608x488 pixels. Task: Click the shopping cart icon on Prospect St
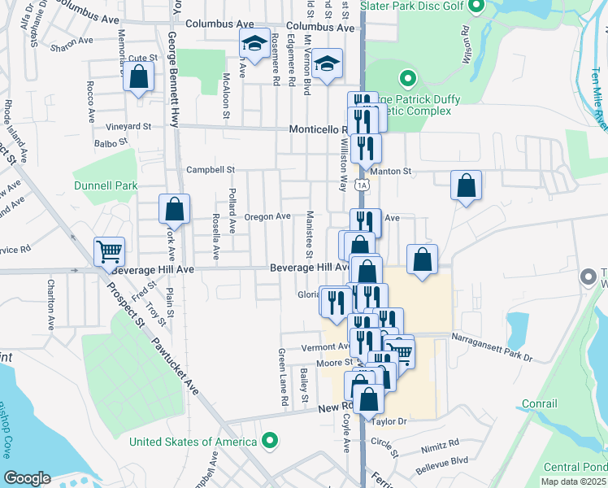(x=109, y=252)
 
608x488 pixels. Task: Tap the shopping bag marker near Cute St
(x=139, y=77)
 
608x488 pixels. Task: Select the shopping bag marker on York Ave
(x=175, y=210)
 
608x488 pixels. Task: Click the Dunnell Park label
(x=106, y=185)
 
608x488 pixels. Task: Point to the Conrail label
(x=540, y=403)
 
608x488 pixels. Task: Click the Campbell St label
(x=210, y=170)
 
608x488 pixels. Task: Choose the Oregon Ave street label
(x=267, y=216)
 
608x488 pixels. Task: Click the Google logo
(x=27, y=477)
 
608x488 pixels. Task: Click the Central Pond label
(x=571, y=467)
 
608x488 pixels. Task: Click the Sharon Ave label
(x=68, y=48)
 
